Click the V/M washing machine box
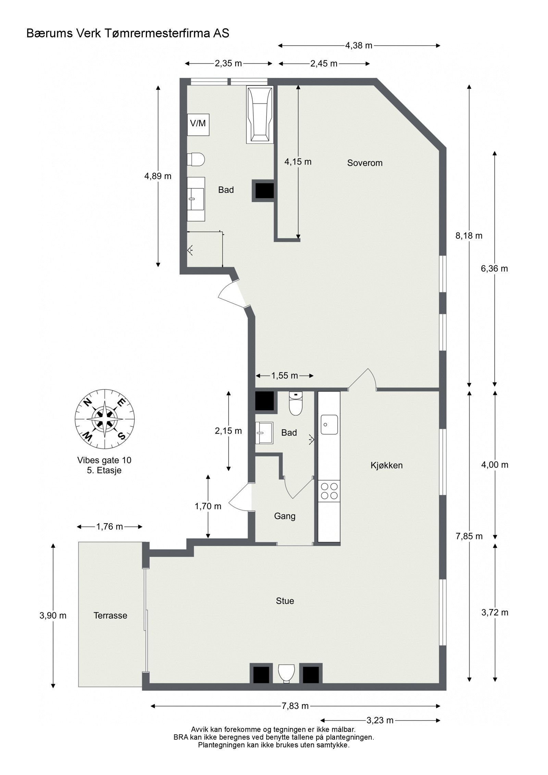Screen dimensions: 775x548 click(x=198, y=124)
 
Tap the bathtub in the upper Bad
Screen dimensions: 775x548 click(x=260, y=114)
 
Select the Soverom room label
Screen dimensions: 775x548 click(x=364, y=163)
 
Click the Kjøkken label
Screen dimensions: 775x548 click(x=386, y=465)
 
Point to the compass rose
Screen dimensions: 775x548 click(x=104, y=419)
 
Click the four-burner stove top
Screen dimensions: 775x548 click(x=329, y=491)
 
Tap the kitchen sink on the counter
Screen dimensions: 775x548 click(x=329, y=425)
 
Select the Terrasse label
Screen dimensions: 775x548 click(x=110, y=615)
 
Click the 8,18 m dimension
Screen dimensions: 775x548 click(x=469, y=236)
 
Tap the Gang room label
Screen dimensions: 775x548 click(x=285, y=516)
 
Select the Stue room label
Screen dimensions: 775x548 click(x=285, y=601)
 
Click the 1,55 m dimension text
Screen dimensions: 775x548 click(x=284, y=376)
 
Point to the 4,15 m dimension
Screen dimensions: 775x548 click(x=298, y=162)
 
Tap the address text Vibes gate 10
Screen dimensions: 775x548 click(x=104, y=460)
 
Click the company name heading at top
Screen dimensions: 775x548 click(x=127, y=33)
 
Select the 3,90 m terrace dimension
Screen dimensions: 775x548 click(x=53, y=615)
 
